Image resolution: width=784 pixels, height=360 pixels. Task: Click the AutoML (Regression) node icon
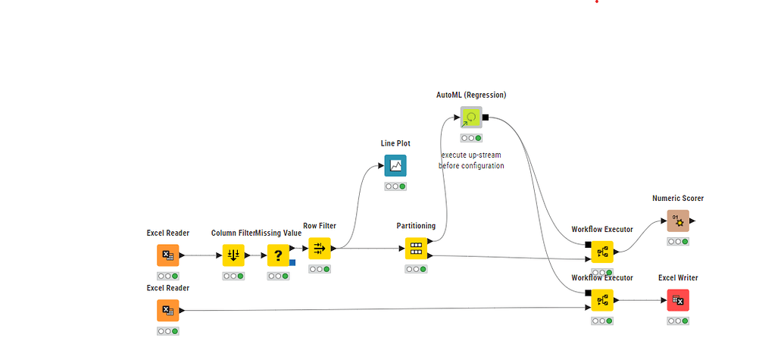[x=471, y=117]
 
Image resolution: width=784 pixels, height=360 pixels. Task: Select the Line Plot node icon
[x=395, y=165]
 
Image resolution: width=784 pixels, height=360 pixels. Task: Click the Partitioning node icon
[x=415, y=249]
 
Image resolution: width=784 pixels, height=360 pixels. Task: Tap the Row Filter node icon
[x=320, y=248]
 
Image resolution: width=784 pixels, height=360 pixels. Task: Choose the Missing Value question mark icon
[x=278, y=255]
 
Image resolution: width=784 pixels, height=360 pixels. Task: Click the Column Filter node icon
[x=233, y=255]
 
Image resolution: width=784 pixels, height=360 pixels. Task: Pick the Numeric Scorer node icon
[x=678, y=221]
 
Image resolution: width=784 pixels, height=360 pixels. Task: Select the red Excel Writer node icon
[x=678, y=300]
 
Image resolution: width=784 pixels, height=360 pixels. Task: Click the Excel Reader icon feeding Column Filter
[x=168, y=255]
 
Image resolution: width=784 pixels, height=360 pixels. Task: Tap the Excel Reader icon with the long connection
[x=168, y=310]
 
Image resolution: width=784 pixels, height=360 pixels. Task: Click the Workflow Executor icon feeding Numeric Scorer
[x=602, y=252]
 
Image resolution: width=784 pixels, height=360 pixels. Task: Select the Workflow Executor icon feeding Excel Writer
[x=602, y=300]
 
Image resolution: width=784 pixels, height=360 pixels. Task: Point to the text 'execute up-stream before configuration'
[x=471, y=160]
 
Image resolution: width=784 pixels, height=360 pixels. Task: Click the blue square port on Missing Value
[x=292, y=262]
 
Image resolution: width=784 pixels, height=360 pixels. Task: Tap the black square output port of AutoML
[x=486, y=117]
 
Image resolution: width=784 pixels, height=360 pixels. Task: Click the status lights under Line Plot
[x=395, y=186]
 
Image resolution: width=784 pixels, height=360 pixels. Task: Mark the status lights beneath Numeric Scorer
[x=678, y=242]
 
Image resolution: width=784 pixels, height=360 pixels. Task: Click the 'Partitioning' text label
[x=416, y=226]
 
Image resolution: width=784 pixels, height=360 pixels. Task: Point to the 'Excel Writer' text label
[x=678, y=278]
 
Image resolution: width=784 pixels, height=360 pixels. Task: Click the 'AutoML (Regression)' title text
[x=471, y=95]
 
